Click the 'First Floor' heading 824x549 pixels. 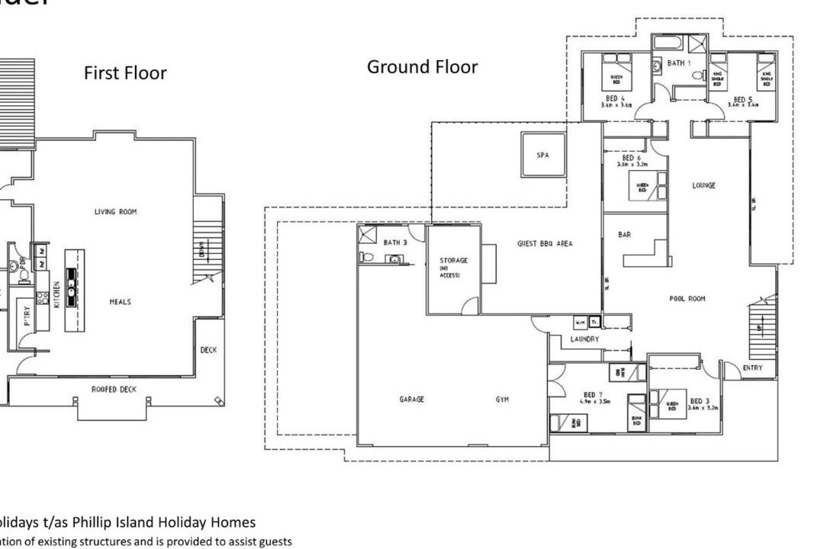tap(125, 73)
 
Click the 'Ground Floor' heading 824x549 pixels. tap(422, 67)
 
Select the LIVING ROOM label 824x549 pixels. tap(115, 212)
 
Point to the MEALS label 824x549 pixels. tap(120, 302)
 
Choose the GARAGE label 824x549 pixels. tap(411, 399)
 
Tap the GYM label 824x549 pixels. tap(501, 399)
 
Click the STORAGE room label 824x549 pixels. tap(453, 260)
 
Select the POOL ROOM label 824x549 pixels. tap(688, 299)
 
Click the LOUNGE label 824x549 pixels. tap(703, 185)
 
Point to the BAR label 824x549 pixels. tap(624, 235)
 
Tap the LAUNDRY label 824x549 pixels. tap(584, 339)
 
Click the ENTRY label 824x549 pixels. tap(752, 368)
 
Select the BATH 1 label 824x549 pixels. tap(676, 63)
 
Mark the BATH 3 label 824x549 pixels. tap(394, 242)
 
